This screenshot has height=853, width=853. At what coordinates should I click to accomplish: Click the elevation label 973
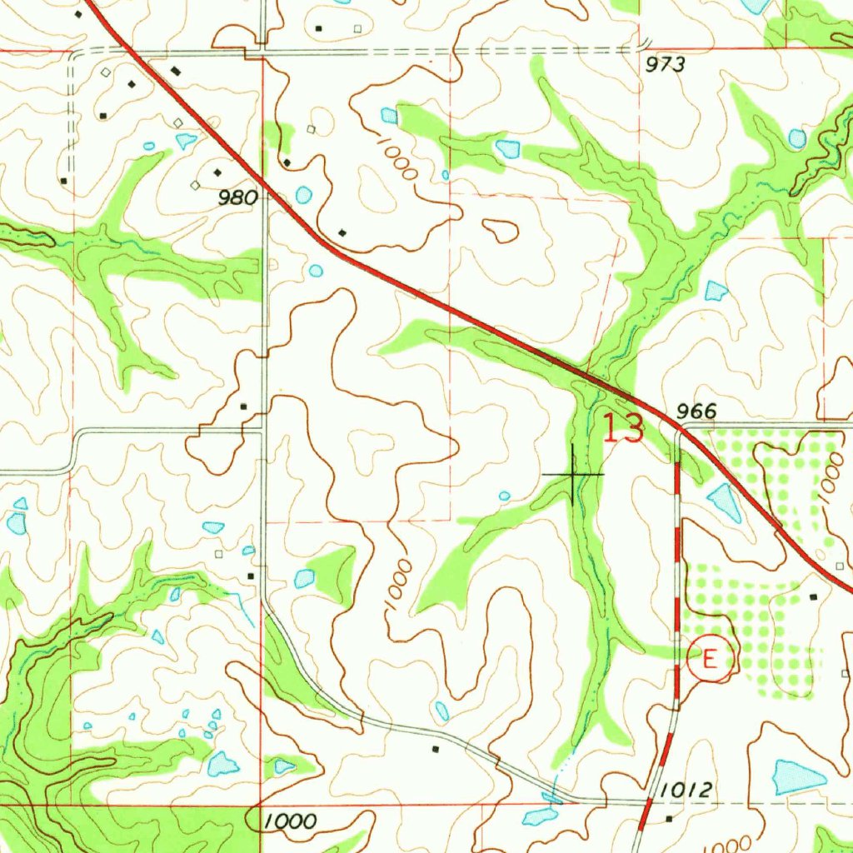click(x=666, y=65)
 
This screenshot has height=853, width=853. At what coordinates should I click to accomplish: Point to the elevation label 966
click(x=696, y=411)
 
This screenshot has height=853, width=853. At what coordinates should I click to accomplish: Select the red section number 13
click(x=623, y=429)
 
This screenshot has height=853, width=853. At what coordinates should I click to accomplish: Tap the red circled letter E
click(x=710, y=659)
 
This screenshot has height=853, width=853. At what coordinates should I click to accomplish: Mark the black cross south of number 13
click(x=573, y=474)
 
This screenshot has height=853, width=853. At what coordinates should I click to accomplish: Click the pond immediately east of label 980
click(x=304, y=196)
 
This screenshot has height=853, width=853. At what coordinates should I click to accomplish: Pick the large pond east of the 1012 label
click(x=798, y=777)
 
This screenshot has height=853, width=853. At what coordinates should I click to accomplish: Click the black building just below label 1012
click(x=671, y=818)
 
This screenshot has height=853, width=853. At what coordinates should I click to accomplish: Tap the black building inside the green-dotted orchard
click(x=814, y=596)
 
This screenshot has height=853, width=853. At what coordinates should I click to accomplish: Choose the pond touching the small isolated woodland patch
click(x=305, y=578)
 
